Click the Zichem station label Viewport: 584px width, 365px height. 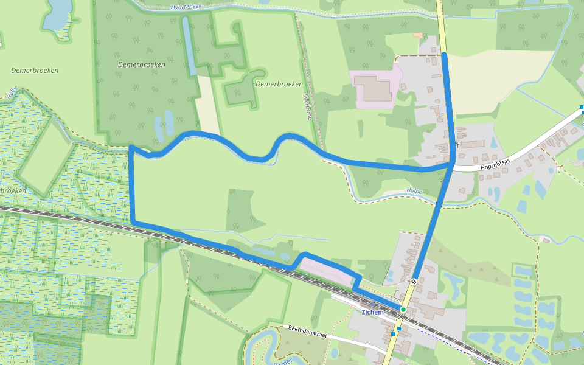point(372,312)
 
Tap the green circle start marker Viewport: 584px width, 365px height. point(403,310)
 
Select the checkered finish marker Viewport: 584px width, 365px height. point(414,281)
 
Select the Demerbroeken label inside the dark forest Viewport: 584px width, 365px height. point(134,64)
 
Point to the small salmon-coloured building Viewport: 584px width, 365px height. point(417,35)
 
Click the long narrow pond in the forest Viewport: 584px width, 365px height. point(190,46)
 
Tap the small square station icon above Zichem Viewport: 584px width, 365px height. point(399,328)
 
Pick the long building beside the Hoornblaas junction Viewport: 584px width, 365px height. point(473,145)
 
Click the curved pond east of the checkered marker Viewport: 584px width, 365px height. point(453,283)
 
